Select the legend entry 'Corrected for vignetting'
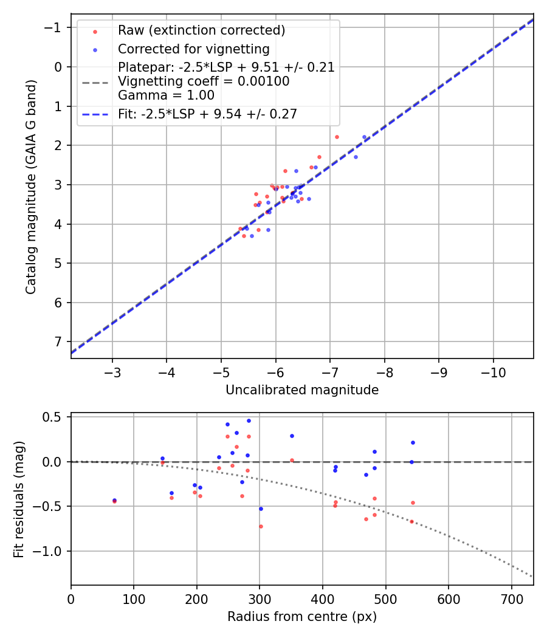coord(193,49)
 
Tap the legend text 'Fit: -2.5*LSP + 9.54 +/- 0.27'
coord(207,114)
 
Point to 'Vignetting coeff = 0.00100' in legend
coord(204,81)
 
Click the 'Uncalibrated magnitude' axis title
coord(302,390)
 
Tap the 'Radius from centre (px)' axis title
coord(302,617)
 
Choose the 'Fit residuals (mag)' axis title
coord(19,499)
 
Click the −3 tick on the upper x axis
coord(112,371)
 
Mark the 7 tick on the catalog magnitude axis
coord(58,341)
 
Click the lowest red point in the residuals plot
coord(261,526)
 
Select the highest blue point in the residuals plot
coord(249,420)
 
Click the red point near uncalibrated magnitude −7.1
coord(337,137)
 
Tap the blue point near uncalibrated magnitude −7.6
coord(364,137)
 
